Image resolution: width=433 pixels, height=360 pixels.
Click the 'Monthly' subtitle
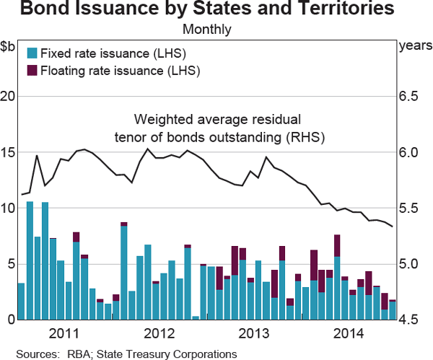[207, 30]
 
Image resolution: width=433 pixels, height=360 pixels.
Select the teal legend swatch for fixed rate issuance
[31, 53]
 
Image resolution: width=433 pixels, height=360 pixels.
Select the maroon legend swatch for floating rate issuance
[31, 71]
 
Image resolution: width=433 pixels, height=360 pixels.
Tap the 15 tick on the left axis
[9, 152]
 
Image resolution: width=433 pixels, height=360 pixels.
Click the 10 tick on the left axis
[9, 208]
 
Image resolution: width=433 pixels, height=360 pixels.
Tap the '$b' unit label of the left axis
[8, 47]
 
